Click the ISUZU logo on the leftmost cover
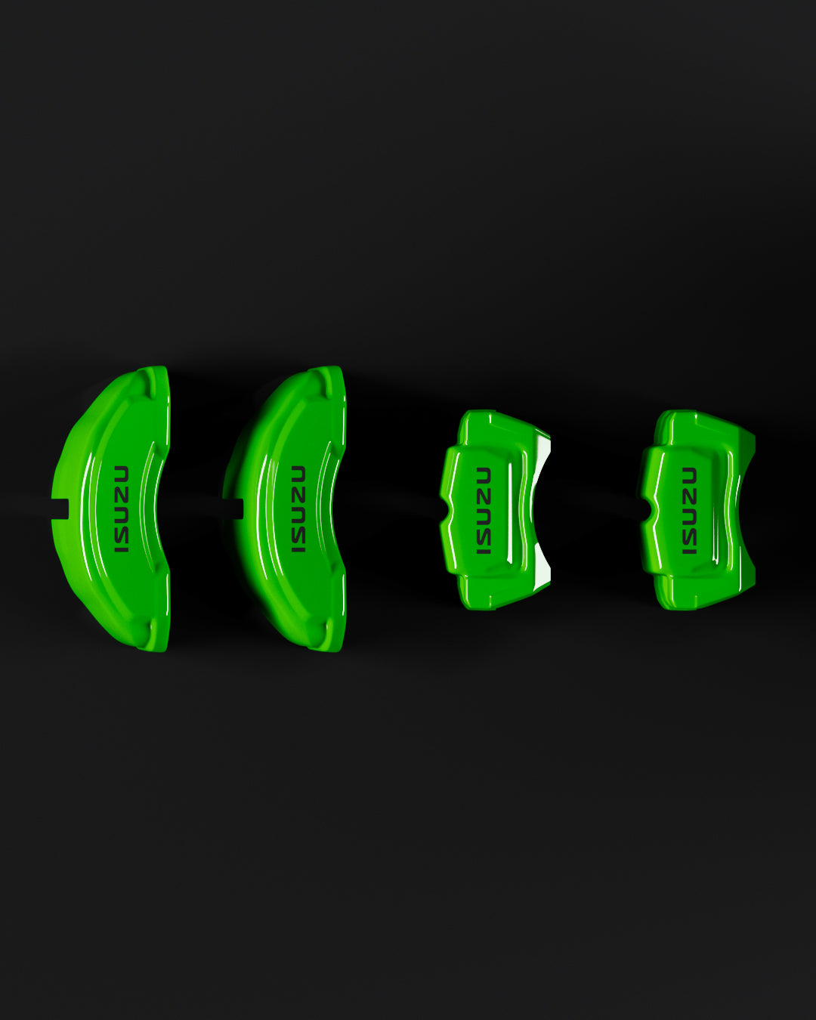tap(121, 509)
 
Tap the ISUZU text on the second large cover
tap(298, 509)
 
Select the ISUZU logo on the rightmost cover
tap(689, 511)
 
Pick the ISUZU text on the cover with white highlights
tap(484, 511)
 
